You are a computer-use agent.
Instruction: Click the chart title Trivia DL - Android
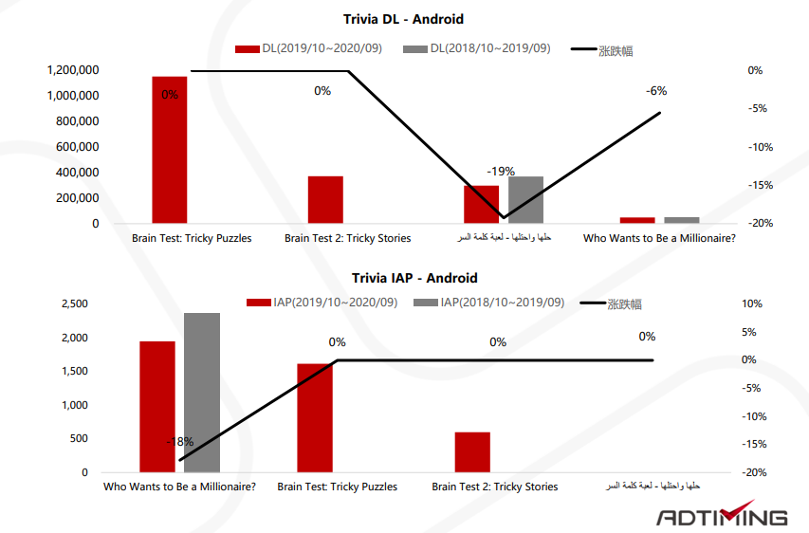[x=403, y=19]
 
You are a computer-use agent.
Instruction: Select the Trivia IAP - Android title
[x=414, y=278]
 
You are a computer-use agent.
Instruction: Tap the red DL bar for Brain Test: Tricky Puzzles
[x=170, y=152]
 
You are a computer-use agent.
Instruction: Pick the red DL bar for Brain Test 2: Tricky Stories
[x=325, y=199]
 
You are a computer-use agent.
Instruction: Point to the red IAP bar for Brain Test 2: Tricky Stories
[x=472, y=451]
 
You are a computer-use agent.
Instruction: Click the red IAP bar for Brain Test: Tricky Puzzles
[x=315, y=417]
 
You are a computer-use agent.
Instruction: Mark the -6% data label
[x=656, y=91]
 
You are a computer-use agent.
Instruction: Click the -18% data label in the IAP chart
[x=179, y=442]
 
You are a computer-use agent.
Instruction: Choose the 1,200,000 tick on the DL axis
[x=71, y=70]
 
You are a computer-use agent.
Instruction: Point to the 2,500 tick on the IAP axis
[x=73, y=303]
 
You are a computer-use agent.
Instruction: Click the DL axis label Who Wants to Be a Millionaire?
[x=659, y=238]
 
